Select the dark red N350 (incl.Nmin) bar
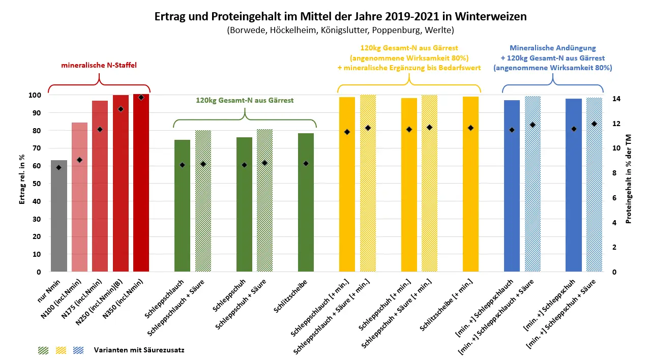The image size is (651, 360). pos(141,183)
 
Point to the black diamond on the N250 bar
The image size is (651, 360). pos(121,109)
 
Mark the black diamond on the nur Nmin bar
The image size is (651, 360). pos(59,167)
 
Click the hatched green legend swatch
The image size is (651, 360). pos(43,350)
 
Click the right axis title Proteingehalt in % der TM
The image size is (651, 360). pos(629,179)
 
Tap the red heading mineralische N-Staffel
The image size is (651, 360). pos(99,65)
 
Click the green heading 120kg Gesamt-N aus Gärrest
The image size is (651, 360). pos(245,100)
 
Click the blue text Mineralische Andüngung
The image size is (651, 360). pos(552,48)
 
